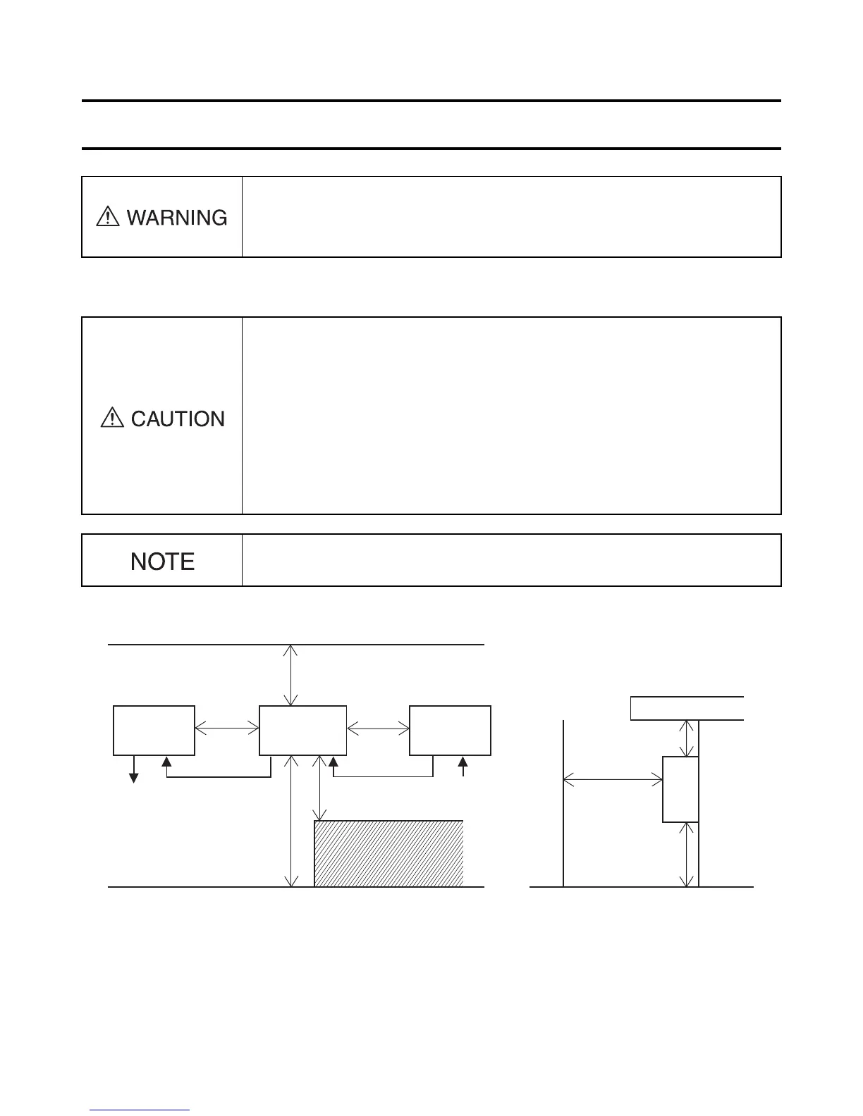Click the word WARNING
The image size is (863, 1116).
coord(177,217)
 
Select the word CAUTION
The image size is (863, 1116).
coord(178,419)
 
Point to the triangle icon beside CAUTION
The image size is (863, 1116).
coord(112,418)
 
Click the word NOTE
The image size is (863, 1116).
coord(162,562)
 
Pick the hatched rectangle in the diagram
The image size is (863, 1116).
coord(388,853)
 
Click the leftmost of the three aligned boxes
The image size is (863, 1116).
coord(154,730)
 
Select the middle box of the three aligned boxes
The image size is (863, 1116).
coord(303,730)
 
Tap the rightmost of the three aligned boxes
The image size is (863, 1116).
coord(450,730)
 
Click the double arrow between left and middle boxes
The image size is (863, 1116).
coord(227,730)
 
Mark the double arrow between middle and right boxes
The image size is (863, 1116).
coord(378,730)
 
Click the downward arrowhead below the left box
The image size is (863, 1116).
coord(133,776)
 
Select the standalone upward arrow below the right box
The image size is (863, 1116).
coord(463,766)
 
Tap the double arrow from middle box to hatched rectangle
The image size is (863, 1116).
coord(321,788)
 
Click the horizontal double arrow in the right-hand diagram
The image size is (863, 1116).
coord(613,780)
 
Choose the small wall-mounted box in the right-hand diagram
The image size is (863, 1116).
coord(680,789)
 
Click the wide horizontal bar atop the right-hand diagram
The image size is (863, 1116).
coord(687,708)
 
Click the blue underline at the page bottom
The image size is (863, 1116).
coord(140,1110)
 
